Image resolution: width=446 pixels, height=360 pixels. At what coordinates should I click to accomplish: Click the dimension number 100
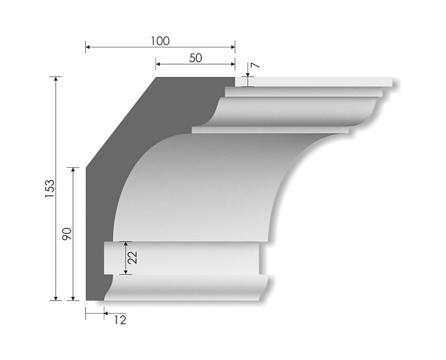pos(160,41)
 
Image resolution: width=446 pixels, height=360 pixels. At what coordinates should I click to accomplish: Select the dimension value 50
pos(195,58)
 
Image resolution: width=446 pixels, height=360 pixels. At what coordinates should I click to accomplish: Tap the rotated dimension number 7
pos(254,66)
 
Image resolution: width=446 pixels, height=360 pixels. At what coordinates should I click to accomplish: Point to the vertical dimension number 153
pos(50,189)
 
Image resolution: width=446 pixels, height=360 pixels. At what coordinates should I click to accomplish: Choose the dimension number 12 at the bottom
pos(120,320)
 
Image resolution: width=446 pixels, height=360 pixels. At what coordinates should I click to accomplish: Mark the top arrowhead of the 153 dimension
pos(55,79)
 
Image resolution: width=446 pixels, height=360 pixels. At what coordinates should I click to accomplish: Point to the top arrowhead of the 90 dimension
pos(72,169)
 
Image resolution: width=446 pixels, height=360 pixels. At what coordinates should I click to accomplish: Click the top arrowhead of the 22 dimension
pos(126,244)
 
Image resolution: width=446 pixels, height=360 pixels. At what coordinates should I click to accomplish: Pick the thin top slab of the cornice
pos(318,82)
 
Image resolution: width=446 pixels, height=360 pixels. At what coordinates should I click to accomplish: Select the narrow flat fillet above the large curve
pos(268,130)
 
